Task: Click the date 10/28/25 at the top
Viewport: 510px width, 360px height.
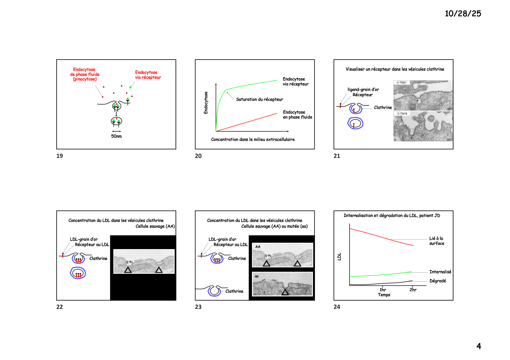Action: click(x=463, y=14)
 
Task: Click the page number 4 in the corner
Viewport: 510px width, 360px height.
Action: click(x=479, y=346)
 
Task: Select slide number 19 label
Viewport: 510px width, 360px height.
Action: click(x=60, y=156)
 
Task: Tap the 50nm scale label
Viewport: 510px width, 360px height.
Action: click(x=116, y=136)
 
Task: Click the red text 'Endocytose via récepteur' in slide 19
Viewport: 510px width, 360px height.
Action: click(x=148, y=75)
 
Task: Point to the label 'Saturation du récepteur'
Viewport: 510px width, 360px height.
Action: click(x=260, y=99)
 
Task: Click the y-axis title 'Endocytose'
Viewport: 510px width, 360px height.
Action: click(x=206, y=102)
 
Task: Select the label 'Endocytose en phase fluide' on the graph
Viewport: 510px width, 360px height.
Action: click(x=298, y=115)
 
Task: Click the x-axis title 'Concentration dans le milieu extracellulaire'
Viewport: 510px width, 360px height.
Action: click(x=253, y=139)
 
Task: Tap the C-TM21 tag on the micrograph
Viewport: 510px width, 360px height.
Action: click(x=402, y=83)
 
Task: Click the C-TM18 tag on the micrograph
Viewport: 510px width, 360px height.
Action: click(x=402, y=114)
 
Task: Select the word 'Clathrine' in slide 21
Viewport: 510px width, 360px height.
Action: click(x=383, y=107)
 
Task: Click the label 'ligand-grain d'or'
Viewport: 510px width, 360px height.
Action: click(x=363, y=89)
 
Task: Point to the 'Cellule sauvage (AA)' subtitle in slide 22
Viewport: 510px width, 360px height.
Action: click(x=155, y=226)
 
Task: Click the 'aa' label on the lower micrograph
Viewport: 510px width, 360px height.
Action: click(x=257, y=276)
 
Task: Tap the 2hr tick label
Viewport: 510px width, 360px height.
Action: click(x=413, y=289)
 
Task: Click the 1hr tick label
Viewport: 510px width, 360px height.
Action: click(x=383, y=289)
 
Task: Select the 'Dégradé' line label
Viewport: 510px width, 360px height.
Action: click(x=438, y=281)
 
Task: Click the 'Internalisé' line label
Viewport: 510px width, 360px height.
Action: click(x=441, y=272)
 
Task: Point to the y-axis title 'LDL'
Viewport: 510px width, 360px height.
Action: click(x=339, y=257)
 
